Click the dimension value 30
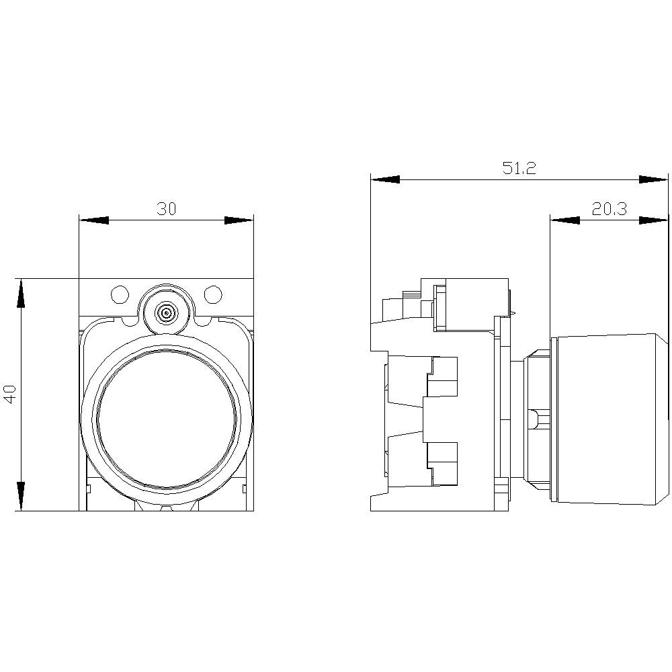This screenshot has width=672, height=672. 167,209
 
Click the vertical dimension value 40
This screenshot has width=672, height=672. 10,394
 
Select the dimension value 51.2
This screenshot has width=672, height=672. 519,169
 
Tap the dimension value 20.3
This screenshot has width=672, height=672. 609,209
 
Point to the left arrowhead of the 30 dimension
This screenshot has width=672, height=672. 93,220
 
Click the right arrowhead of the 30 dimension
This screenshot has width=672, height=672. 239,220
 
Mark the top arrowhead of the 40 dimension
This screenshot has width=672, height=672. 21,293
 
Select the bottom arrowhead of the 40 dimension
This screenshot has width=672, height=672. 21,496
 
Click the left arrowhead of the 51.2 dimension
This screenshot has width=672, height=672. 385,179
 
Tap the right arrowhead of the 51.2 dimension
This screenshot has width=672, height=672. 654,179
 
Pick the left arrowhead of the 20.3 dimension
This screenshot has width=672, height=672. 564,220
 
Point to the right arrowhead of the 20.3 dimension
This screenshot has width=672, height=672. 654,220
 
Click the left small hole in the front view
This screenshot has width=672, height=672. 119,294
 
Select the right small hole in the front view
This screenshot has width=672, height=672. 213,294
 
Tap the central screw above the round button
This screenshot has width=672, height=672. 165,312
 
